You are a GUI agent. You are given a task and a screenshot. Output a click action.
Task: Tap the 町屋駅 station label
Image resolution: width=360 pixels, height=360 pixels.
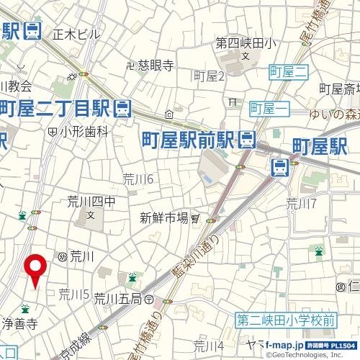[x=320, y=148]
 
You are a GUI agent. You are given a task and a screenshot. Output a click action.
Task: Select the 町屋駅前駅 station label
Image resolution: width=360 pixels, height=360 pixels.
[x=189, y=138]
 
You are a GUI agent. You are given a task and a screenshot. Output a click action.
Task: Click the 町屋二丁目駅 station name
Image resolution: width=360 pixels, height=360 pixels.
[x=55, y=108]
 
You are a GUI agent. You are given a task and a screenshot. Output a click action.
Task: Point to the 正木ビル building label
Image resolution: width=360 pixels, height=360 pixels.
[x=77, y=33]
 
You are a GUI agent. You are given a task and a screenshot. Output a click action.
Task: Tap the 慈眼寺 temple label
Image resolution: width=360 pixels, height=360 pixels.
[x=156, y=66]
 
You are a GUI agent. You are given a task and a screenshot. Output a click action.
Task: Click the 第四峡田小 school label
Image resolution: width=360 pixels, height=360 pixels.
[x=246, y=43]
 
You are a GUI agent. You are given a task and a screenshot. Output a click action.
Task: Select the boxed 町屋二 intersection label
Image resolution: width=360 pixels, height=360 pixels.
[x=288, y=71]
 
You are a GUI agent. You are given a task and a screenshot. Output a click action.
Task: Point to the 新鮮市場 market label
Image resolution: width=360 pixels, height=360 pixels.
[x=163, y=217]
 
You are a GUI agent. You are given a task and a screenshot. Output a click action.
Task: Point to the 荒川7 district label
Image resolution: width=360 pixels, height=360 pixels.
[x=301, y=202]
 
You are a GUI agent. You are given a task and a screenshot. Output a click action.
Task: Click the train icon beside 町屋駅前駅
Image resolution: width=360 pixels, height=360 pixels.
[x=247, y=138]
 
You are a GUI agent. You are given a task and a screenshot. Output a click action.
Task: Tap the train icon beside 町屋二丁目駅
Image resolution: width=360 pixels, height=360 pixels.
[x=122, y=108]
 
